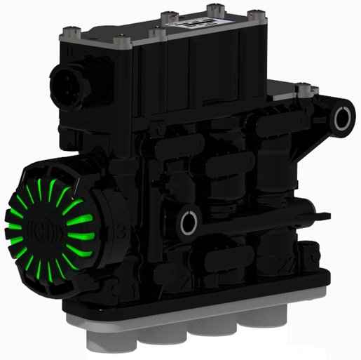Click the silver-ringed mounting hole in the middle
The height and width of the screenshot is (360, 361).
coord(189,224)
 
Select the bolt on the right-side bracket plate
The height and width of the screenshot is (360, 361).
coord(304,88)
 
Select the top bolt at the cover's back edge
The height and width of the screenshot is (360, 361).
coord(211,9)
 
